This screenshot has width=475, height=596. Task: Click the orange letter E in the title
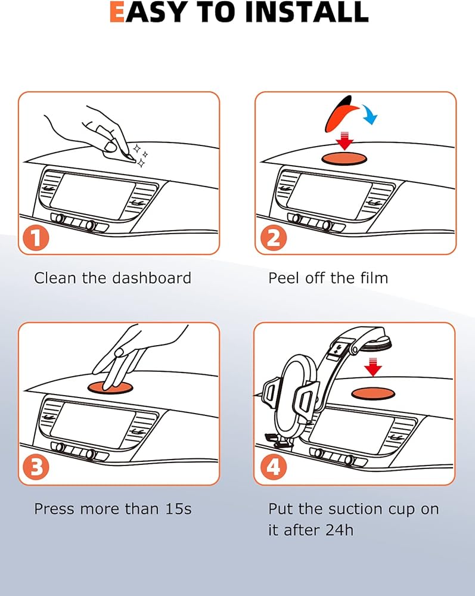tap(117, 12)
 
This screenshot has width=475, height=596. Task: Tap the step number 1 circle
tap(36, 238)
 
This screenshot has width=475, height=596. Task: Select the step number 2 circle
tap(274, 238)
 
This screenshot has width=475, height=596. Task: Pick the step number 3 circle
tap(36, 467)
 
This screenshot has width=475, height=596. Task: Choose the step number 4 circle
tap(274, 467)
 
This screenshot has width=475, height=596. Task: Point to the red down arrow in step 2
tap(344, 141)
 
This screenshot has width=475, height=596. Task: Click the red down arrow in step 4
tap(372, 367)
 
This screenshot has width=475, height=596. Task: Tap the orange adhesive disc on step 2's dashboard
tap(344, 158)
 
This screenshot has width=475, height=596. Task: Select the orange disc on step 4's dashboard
tap(372, 393)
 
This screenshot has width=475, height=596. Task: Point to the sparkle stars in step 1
tap(141, 156)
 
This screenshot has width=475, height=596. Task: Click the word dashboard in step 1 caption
tap(151, 278)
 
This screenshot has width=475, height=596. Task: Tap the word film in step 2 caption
tap(374, 278)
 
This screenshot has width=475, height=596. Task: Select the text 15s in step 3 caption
tap(178, 509)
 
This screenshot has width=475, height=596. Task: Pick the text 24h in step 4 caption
tap(339, 530)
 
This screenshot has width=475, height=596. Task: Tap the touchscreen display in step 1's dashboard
tap(91, 195)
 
